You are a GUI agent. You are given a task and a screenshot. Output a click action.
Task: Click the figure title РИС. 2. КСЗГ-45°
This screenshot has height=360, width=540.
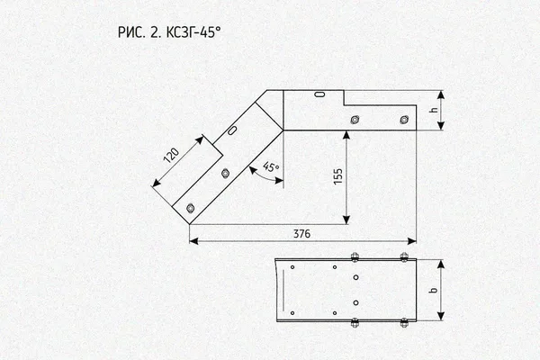point(169,32)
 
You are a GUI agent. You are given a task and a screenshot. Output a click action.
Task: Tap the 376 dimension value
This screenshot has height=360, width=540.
point(301,234)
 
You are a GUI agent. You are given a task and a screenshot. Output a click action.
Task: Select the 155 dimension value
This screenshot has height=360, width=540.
point(338,176)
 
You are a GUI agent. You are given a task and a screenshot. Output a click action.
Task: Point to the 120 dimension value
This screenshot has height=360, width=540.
point(171,156)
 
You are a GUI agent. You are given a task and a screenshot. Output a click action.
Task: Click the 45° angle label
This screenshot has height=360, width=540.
point(271,167)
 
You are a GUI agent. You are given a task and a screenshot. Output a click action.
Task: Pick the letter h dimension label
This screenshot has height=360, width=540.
point(434,110)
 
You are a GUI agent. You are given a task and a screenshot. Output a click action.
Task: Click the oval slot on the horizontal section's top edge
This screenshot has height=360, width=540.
point(320,94)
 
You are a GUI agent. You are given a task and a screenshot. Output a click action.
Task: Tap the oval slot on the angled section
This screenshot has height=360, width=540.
point(232,130)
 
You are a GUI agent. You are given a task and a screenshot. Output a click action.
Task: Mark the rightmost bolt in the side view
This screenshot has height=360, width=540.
point(404,120)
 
